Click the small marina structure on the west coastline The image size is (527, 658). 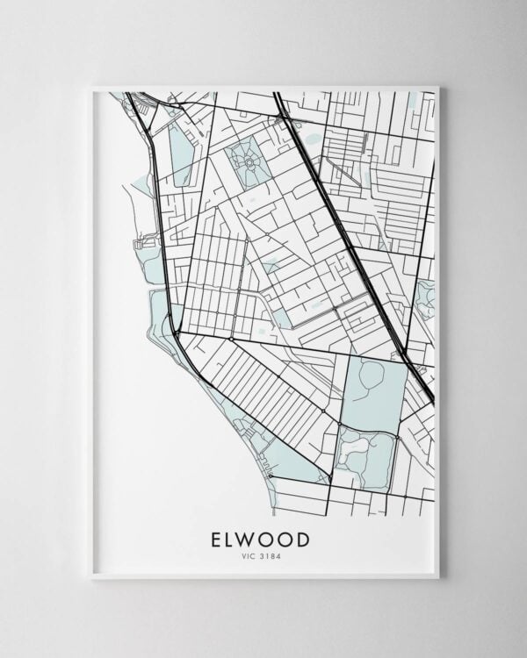(138, 240)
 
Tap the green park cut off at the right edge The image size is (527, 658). (427, 298)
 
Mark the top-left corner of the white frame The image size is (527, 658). (90, 86)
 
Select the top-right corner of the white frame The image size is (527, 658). (438, 86)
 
